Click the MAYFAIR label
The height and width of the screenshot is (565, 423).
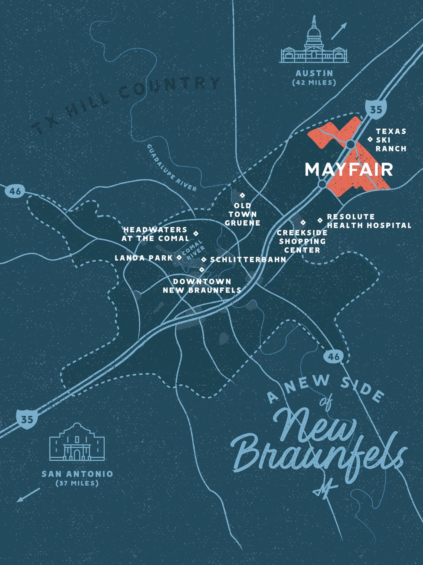point(349,170)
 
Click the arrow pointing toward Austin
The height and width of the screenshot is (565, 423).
point(339,31)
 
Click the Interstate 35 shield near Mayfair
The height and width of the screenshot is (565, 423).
point(376,109)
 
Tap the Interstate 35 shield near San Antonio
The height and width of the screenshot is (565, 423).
point(27,419)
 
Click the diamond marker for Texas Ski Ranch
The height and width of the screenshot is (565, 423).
point(369,139)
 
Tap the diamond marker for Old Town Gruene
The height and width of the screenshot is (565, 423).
point(242,195)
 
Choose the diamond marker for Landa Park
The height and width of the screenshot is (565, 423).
point(179,257)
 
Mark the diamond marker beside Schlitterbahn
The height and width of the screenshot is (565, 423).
point(204,259)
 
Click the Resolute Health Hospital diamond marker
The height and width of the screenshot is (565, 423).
point(320,220)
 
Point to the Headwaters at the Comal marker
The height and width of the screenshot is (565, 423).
point(196,233)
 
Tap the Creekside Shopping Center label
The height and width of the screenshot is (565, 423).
point(302,241)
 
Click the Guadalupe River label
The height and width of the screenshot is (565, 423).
point(172,168)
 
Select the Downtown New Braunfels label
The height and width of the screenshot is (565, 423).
point(202,285)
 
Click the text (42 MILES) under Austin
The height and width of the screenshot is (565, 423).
point(314,82)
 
